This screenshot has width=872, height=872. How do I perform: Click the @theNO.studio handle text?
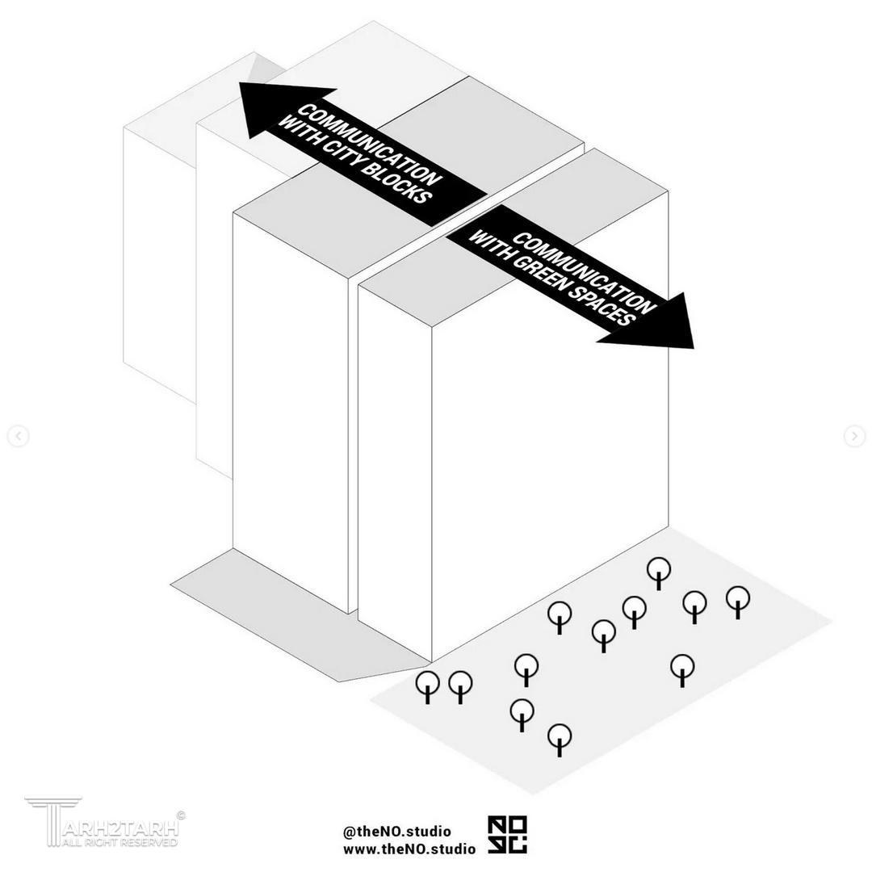397,832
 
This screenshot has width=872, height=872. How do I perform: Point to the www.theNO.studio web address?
409,849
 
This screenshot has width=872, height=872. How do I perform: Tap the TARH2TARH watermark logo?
103,822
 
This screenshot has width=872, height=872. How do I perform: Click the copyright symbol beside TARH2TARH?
181,815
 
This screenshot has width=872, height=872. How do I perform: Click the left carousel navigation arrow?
18,436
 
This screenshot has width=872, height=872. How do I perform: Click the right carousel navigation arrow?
854,436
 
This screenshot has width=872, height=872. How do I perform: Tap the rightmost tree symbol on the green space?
738,602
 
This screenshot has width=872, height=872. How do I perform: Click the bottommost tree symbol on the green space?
560,740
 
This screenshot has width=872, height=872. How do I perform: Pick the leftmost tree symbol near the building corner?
428,687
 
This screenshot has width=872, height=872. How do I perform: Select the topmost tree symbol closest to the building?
659,573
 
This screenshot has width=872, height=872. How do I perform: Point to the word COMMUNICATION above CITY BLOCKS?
370,145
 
